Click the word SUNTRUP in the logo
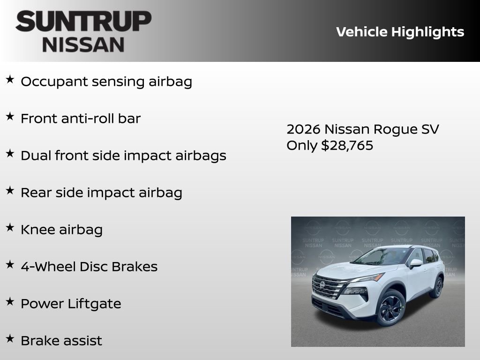point(83,22)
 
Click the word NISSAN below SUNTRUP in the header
point(83,45)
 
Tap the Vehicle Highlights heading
point(400,32)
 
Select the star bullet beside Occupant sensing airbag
point(10,79)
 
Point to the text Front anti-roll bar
point(81,119)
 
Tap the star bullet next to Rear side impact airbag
point(10,190)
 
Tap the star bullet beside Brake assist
point(10,338)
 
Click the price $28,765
point(347,145)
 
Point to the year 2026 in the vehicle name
point(303,129)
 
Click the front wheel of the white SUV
point(391,307)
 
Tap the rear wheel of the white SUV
point(437,287)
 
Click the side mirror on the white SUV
point(415,263)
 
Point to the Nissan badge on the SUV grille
point(322,285)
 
